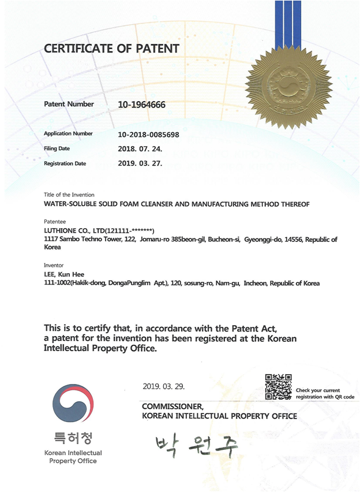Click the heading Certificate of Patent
pyautogui.click(x=111, y=48)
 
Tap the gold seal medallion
pyautogui.click(x=288, y=87)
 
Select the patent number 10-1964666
pyautogui.click(x=141, y=105)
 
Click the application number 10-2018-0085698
pyautogui.click(x=148, y=134)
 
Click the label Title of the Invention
pyautogui.click(x=69, y=195)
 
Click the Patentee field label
pyautogui.click(x=55, y=221)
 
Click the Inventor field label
pyautogui.click(x=54, y=266)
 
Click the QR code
pyautogui.click(x=278, y=386)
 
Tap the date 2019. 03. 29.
pyautogui.click(x=163, y=385)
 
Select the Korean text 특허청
pyautogui.click(x=73, y=436)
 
